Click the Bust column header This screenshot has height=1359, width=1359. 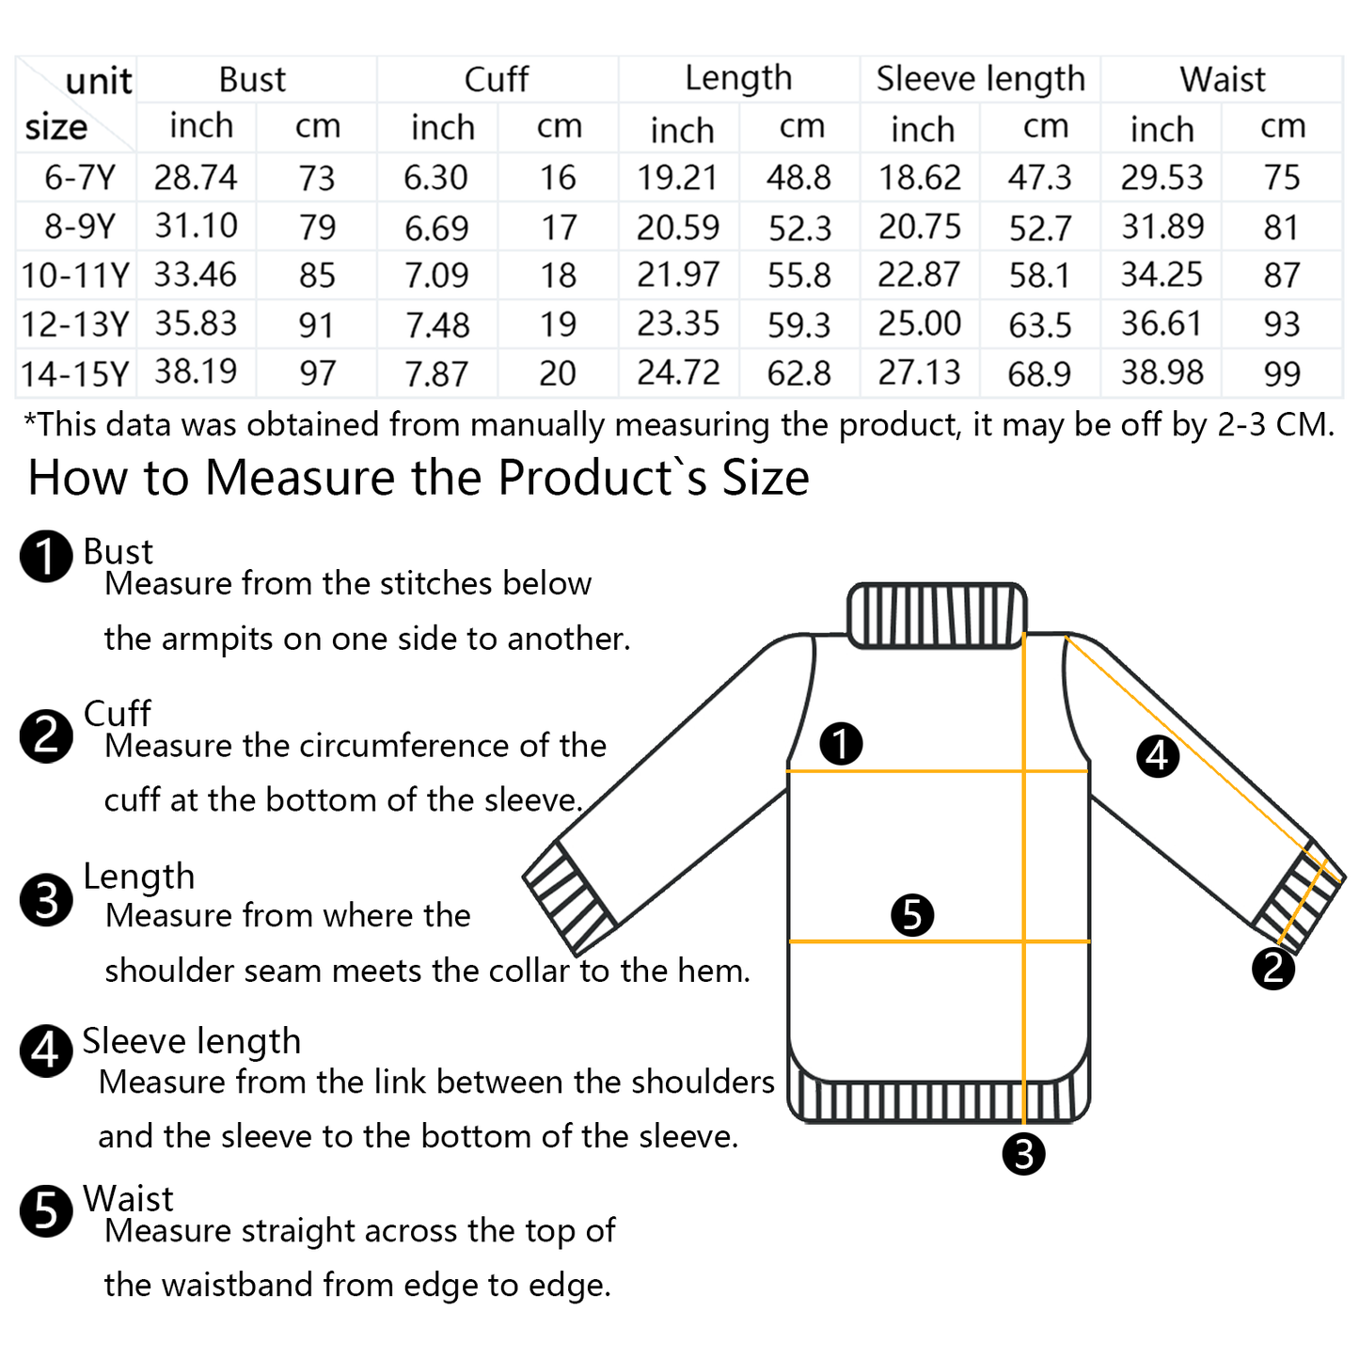coord(252,79)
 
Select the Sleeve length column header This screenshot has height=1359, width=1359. coord(980,79)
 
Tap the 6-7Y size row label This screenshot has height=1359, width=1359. coord(80,177)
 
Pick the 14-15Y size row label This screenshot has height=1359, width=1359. coord(74,373)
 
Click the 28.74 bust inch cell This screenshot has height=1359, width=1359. coord(196,177)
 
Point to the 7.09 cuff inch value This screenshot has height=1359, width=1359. coord(436,275)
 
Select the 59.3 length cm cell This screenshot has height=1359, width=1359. coord(799,324)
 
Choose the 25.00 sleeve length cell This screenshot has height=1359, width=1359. coord(920,324)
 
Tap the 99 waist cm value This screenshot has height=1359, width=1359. coord(1282,373)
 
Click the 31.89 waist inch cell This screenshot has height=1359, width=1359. coord(1162,227)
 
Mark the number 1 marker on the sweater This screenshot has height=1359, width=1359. coord(841,743)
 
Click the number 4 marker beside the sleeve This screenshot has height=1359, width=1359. coord(1158,756)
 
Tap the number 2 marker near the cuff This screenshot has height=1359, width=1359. coord(1273,969)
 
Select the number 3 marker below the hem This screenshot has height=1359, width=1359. coord(1023,1154)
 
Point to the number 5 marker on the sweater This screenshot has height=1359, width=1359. coord(912,915)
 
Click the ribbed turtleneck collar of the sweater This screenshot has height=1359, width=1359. coord(937,615)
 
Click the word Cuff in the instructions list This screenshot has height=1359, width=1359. coord(117,713)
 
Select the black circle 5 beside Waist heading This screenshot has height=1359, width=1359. coord(46,1210)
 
